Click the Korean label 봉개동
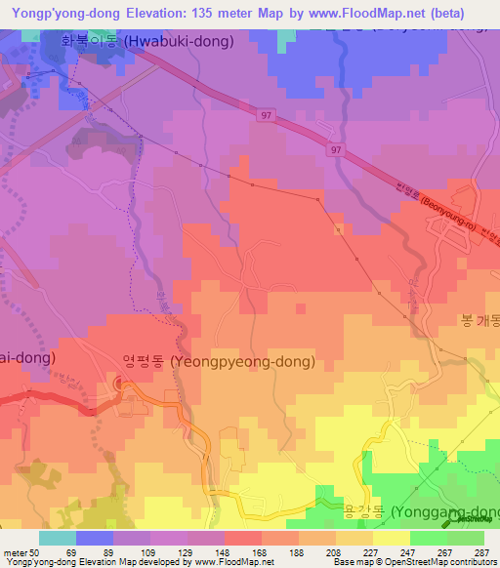[479, 320]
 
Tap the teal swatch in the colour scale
[58, 538]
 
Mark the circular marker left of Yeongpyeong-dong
[121, 385]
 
